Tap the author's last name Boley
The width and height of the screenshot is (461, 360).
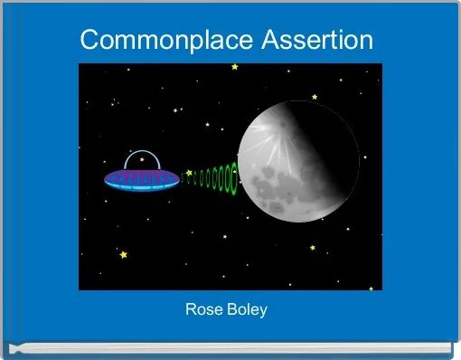pyautogui.click(x=247, y=310)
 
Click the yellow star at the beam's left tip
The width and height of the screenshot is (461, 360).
pyautogui.click(x=188, y=172)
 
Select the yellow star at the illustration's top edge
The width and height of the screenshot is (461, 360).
pyautogui.click(x=235, y=67)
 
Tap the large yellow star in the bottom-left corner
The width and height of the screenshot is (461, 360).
pyautogui.click(x=124, y=255)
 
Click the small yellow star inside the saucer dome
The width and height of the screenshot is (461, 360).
pyautogui.click(x=142, y=159)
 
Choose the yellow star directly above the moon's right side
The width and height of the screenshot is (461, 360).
pyautogui.click(x=315, y=97)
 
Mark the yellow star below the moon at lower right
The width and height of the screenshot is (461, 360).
pyautogui.click(x=313, y=247)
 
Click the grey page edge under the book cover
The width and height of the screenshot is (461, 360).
pyautogui.click(x=230, y=347)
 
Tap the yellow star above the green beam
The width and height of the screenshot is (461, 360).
pyautogui.click(x=207, y=125)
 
